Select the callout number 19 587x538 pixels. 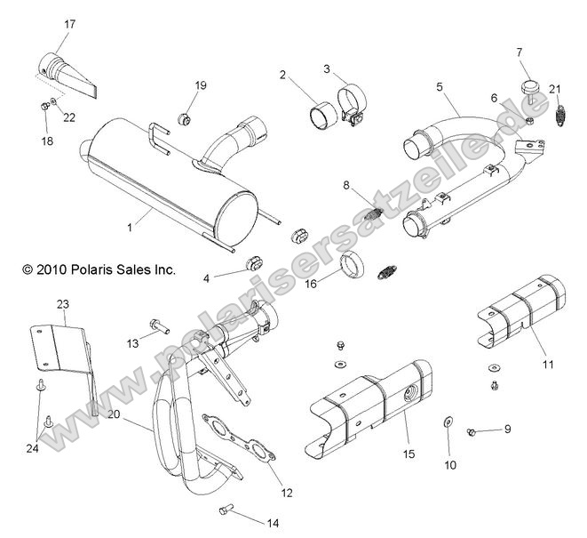point(201,85)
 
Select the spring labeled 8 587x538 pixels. point(377,214)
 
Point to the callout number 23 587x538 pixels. point(62,304)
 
